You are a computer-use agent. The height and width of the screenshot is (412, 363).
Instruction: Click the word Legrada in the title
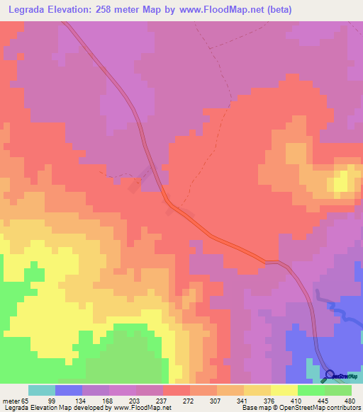coord(30,10)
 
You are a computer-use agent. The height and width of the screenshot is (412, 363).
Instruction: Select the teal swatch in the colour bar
coord(41,390)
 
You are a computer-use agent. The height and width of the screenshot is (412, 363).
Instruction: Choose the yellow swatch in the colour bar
coord(284,390)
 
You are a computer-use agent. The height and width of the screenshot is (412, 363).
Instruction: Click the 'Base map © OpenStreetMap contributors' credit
coord(300,408)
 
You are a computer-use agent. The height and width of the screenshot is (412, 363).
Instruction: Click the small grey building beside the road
coord(135,187)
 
